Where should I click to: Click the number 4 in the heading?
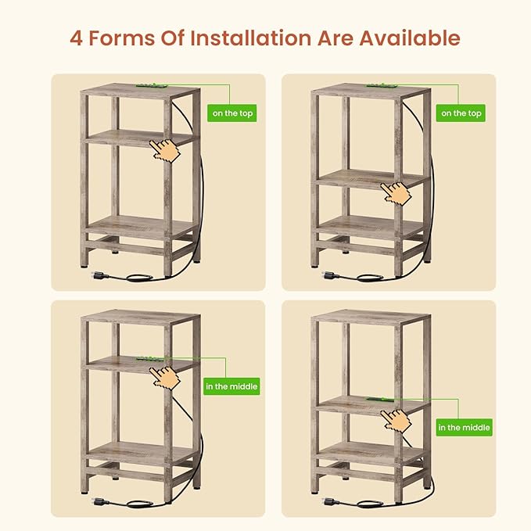[76, 38]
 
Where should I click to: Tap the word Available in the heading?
[410, 38]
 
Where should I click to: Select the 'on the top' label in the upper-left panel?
[232, 113]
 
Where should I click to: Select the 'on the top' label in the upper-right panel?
[461, 113]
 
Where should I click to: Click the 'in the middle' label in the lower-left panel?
[231, 386]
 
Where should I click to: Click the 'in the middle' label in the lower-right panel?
[464, 427]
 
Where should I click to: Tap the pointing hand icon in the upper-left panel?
[164, 150]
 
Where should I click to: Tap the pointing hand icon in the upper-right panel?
[396, 194]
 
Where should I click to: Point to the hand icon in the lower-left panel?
[164, 378]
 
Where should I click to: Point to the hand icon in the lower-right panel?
[396, 422]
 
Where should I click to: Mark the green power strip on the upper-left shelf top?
[151, 86]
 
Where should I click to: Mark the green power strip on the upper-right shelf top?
[381, 86]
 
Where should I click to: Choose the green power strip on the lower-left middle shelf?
[151, 359]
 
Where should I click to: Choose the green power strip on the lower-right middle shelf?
[381, 400]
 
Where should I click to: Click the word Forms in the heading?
[121, 38]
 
